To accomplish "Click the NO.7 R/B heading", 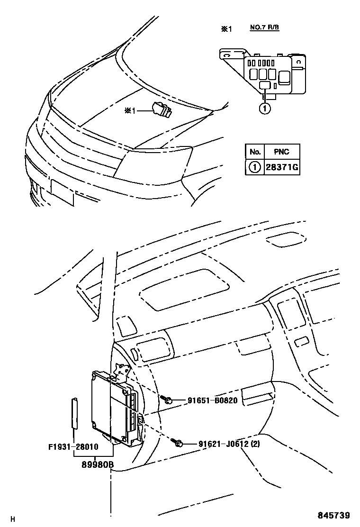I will [x=264, y=27].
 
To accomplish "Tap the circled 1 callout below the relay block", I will [x=265, y=109].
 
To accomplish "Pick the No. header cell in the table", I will [x=255, y=152].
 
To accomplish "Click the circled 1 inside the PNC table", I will [x=255, y=167].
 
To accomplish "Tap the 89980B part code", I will [x=93, y=465].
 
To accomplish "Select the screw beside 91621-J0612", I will [x=179, y=444].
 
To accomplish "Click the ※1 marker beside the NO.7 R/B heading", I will [x=226, y=29].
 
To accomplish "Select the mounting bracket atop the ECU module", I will [x=121, y=372].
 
